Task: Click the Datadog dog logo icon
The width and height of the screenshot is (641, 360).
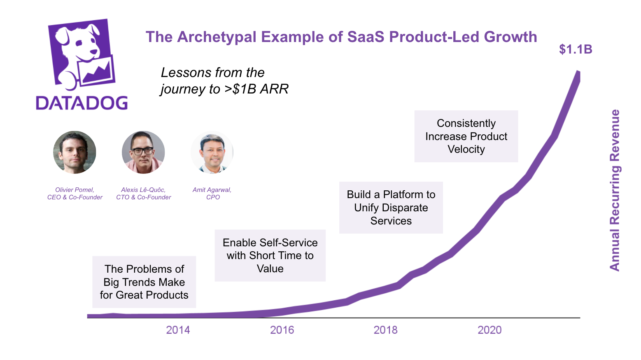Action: click(82, 54)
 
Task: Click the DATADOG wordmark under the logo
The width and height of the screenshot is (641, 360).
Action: click(82, 103)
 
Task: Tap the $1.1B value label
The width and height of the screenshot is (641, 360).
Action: click(576, 49)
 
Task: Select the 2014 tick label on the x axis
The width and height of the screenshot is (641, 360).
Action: click(178, 330)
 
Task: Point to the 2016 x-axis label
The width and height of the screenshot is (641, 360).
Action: click(282, 330)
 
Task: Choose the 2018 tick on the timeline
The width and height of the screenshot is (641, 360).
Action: click(385, 330)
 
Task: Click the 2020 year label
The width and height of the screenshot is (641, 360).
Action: click(489, 330)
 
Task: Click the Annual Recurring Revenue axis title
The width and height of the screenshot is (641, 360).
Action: click(615, 190)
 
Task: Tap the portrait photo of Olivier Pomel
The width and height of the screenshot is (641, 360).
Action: click(75, 152)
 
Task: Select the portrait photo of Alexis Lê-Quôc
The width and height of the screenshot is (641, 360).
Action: click(143, 152)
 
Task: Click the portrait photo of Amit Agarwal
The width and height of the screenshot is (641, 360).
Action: click(212, 152)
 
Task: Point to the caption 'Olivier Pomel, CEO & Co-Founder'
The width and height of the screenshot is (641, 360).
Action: click(75, 194)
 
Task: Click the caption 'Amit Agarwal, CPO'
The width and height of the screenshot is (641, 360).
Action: click(212, 194)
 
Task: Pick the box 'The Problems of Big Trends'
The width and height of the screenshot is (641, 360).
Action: click(144, 282)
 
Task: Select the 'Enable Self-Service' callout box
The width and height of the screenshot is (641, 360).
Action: click(270, 255)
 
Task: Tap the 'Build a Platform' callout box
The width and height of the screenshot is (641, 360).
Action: click(391, 208)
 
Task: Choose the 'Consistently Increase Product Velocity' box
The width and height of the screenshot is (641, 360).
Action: click(466, 136)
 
